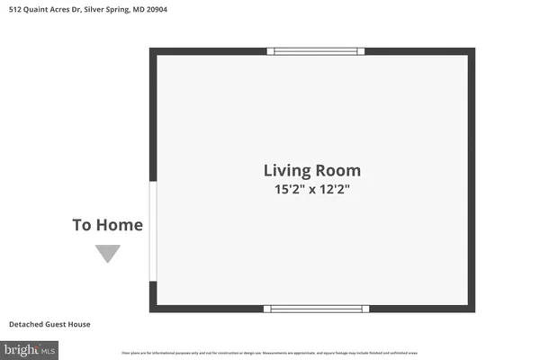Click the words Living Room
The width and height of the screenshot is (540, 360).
(311, 170)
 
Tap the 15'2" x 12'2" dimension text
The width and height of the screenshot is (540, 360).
(311, 190)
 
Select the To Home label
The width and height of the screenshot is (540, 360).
(107, 225)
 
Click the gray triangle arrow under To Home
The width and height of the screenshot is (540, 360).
(108, 254)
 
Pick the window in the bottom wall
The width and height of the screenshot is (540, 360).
(316, 309)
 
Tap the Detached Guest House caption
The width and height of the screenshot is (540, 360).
(49, 324)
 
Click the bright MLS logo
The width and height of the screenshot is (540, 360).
(30, 347)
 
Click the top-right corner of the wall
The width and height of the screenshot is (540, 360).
(471, 51)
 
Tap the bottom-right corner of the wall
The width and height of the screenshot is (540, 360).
(471, 308)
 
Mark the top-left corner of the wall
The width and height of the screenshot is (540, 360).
(153, 51)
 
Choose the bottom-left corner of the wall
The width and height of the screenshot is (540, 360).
(153, 308)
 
